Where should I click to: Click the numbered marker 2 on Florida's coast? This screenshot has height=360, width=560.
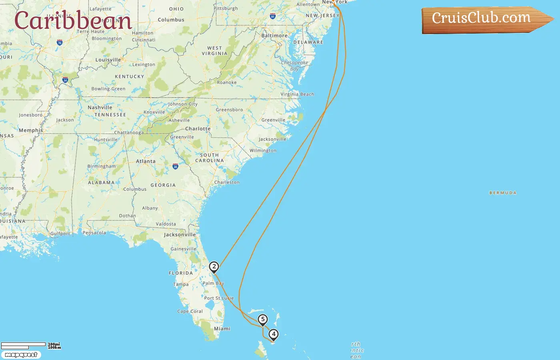click(214, 267)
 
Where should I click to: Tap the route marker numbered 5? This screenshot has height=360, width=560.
click(263, 320)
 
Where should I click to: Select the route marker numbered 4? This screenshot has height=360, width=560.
click(274, 334)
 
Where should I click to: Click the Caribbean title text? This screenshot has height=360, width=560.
click(73, 21)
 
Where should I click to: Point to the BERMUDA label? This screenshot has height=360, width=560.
click(503, 193)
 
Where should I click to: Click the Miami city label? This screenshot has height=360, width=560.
click(222, 329)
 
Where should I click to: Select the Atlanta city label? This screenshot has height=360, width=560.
click(146, 161)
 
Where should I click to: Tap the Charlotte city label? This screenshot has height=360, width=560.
click(198, 129)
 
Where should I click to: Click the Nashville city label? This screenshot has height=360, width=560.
click(100, 108)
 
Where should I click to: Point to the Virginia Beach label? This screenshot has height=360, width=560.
click(297, 94)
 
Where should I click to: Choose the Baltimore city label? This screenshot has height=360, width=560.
click(274, 36)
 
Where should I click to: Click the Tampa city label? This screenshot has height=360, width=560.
click(181, 284)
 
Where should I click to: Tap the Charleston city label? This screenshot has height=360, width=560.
click(227, 182)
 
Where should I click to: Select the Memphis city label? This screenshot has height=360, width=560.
click(31, 130)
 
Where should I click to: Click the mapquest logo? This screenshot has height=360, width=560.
click(21, 355)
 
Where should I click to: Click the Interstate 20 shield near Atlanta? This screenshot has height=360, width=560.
click(175, 166)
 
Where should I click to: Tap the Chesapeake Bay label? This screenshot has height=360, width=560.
click(295, 66)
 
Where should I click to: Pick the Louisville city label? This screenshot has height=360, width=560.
click(108, 60)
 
